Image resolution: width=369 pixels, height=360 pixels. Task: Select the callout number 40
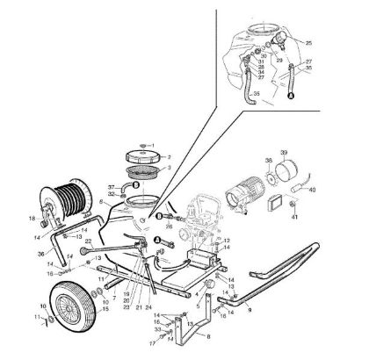(x=338, y=212)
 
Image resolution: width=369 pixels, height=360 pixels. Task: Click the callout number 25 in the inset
(x=308, y=42)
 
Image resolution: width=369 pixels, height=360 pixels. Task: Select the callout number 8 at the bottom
(x=207, y=337)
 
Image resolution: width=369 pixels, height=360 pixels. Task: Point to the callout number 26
(x=167, y=226)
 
